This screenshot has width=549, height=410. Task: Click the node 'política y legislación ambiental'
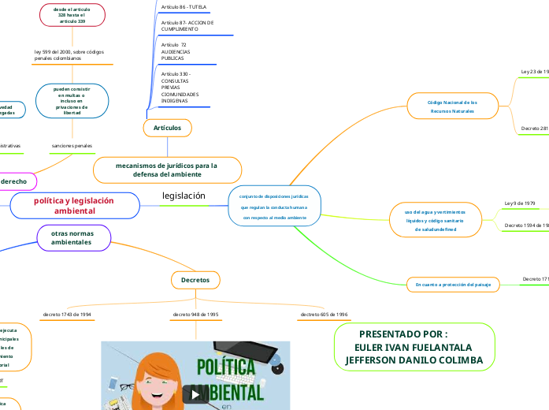73,206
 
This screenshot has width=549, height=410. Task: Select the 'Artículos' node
167,127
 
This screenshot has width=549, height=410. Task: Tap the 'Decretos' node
195,280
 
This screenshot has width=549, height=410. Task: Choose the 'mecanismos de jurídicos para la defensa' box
166,170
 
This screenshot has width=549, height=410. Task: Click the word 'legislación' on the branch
184,196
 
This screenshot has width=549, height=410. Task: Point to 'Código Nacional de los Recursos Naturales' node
452,106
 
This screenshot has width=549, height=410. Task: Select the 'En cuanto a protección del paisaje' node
453,284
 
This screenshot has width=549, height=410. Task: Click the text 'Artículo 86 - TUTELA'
184,6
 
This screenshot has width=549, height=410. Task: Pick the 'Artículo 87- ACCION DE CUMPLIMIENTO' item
187,26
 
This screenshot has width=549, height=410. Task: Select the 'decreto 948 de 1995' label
195,314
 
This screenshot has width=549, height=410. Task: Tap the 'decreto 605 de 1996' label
323,314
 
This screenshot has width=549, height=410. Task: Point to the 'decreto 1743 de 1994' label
67,314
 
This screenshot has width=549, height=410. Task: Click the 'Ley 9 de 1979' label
519,203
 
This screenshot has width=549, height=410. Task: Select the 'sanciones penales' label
72,146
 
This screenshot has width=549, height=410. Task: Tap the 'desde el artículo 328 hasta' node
72,15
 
